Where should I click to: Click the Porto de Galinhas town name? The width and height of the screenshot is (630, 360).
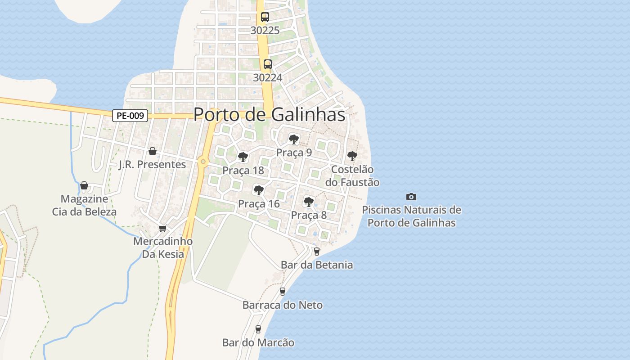[269, 115]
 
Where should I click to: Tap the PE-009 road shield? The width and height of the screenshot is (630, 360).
[130, 116]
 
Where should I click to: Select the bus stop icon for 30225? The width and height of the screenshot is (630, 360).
[265, 17]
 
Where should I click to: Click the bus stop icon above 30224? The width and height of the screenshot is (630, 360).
[268, 64]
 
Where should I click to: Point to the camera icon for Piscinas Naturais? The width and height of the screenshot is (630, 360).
[411, 197]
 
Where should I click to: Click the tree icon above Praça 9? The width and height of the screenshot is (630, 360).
[294, 139]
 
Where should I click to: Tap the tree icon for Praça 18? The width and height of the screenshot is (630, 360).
[243, 157]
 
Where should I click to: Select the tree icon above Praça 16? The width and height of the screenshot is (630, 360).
[259, 190]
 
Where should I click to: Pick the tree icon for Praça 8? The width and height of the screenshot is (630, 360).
[308, 202]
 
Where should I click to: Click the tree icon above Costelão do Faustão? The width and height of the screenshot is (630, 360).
[352, 156]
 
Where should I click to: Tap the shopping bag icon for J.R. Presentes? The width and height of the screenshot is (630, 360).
[153, 151]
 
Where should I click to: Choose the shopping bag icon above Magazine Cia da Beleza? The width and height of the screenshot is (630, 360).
[84, 185]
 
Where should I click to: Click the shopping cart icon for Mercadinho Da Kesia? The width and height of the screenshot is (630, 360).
[163, 228]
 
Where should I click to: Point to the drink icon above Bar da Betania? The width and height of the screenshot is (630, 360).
[316, 252]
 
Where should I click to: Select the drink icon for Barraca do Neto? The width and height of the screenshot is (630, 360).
[283, 292]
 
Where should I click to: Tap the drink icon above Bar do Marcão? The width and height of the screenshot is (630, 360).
[258, 329]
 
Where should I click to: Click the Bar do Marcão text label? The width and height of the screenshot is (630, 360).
[258, 343]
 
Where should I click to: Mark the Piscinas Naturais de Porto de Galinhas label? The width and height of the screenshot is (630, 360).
[411, 216]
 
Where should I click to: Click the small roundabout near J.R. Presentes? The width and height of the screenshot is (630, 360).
[203, 162]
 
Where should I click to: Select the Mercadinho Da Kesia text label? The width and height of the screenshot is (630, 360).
[163, 247]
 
